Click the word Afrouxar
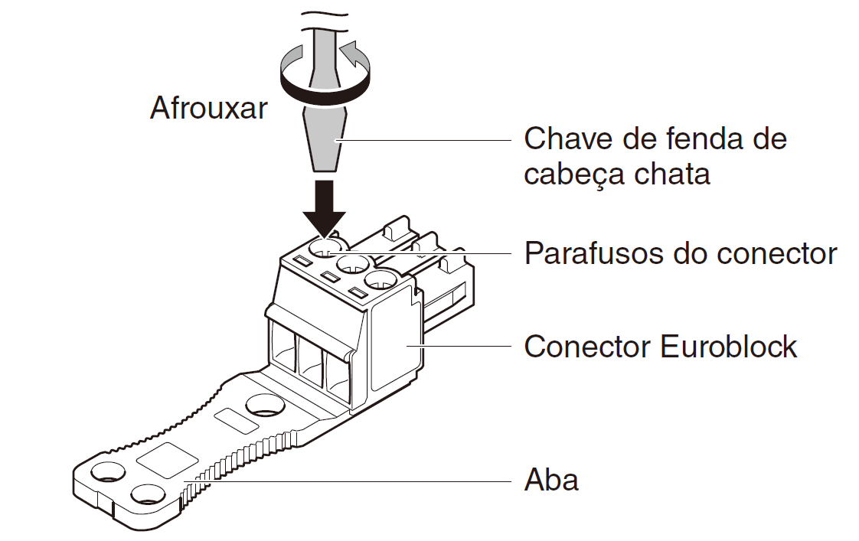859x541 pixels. click(x=208, y=108)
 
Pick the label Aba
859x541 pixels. click(x=551, y=480)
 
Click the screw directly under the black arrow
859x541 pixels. click(x=325, y=247)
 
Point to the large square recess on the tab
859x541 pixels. click(x=167, y=462)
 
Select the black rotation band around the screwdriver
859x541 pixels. click(x=325, y=90)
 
